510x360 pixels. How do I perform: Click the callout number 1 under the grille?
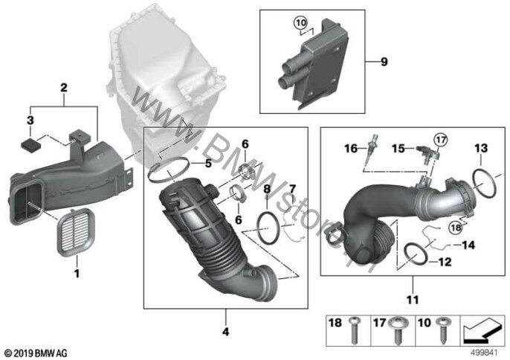75,274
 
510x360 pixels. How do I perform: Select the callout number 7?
292,187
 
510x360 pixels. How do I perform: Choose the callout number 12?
444,261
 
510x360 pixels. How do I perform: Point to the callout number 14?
468,243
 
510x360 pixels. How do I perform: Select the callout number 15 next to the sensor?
398,149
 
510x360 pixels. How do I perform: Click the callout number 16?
350,148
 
